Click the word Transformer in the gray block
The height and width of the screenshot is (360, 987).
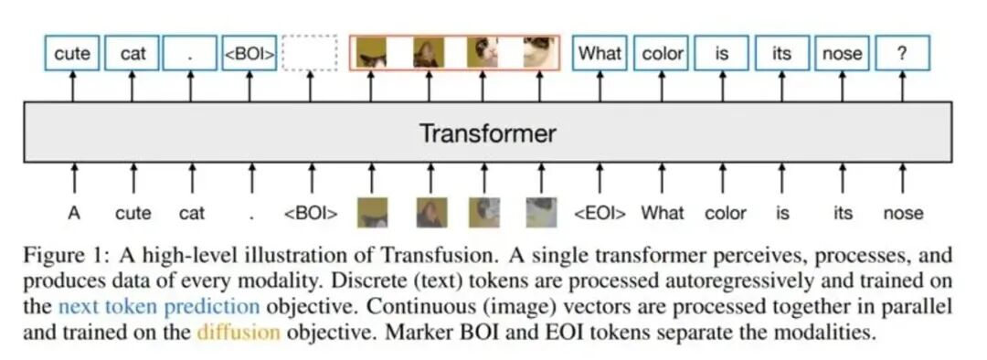click(x=487, y=133)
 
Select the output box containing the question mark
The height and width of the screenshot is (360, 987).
click(x=902, y=54)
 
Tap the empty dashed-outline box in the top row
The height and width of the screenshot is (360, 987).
click(x=310, y=54)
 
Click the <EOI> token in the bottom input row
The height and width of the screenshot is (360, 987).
click(x=600, y=214)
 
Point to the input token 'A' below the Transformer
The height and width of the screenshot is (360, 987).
click(x=74, y=214)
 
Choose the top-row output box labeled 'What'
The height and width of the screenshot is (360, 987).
click(x=600, y=54)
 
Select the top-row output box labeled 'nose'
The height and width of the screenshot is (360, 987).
click(x=843, y=54)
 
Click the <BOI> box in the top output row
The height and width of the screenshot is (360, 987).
click(x=249, y=54)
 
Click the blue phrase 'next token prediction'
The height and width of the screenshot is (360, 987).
click(x=159, y=306)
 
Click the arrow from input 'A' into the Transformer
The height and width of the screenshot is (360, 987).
click(x=74, y=178)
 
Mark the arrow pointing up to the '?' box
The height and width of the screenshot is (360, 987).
click(x=902, y=86)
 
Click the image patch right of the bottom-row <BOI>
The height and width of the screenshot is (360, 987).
click(x=372, y=212)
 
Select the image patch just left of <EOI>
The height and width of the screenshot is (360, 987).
click(x=541, y=212)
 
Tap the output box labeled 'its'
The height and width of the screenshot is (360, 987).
click(x=781, y=54)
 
